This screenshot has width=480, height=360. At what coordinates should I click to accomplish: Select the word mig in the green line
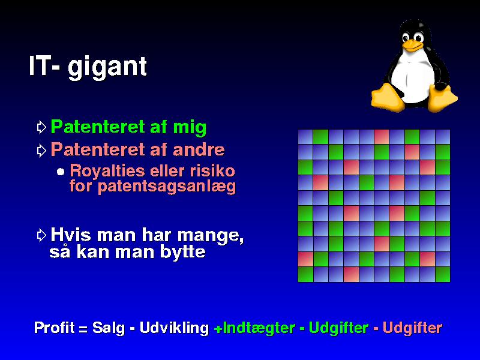pos(190,127)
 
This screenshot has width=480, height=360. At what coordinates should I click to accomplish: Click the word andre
pos(199,149)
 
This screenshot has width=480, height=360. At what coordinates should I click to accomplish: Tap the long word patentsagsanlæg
pos(167,187)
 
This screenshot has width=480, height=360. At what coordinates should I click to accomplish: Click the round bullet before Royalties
pos(61,172)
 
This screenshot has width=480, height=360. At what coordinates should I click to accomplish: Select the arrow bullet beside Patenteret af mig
pos(41,127)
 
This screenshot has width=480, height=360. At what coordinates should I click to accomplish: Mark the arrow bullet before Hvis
pos(41,235)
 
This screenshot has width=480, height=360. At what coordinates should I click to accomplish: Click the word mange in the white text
pos(211,236)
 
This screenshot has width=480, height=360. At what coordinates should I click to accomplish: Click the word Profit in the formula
pos(54,328)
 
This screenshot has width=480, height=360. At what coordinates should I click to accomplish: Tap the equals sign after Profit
pos(83,329)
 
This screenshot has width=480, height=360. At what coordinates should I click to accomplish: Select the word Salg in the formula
pos(109,328)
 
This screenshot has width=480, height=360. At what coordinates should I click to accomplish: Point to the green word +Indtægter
pos(254,328)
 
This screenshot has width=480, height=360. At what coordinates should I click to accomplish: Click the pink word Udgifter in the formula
pos(412,328)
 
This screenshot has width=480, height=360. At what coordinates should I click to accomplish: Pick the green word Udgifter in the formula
pos(338,328)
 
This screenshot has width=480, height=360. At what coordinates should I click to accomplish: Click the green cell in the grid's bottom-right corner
pos(443,274)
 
